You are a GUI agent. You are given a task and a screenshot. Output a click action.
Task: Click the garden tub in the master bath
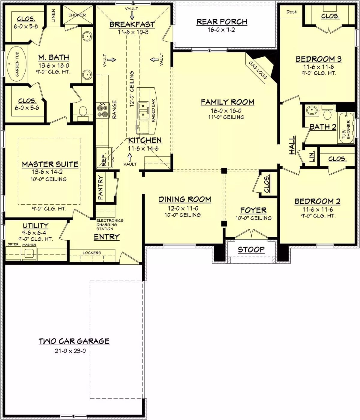click(16, 64)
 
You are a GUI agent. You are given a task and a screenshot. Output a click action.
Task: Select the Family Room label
click(227, 102)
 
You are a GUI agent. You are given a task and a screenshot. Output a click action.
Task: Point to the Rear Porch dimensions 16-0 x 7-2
click(221, 30)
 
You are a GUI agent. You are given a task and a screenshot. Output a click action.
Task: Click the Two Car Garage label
click(74, 341)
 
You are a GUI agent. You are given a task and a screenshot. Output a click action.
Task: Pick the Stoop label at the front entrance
click(251, 250)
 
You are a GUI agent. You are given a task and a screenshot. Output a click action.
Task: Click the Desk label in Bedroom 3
click(291, 12)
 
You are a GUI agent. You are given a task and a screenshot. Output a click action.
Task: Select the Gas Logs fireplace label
click(258, 70)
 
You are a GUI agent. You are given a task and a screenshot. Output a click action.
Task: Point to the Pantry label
click(100, 187)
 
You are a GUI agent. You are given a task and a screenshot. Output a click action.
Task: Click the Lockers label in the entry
click(92, 253)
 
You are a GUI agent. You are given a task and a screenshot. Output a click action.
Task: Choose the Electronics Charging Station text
click(109, 224)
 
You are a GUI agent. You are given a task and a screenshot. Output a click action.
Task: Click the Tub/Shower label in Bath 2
click(346, 130)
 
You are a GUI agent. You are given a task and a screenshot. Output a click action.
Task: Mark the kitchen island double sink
click(143, 110)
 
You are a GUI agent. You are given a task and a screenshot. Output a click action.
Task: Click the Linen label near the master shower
click(53, 16)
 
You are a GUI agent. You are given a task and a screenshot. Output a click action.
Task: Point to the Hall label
click(292, 145)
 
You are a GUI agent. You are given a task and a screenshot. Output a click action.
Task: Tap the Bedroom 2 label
click(317, 201)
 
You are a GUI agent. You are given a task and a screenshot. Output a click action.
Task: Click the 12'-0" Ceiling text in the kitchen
click(132, 89)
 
